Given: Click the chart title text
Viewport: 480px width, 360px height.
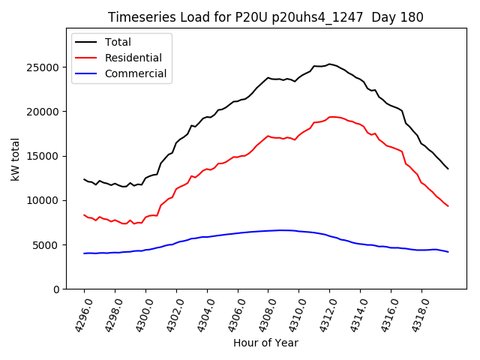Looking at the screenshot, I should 265,17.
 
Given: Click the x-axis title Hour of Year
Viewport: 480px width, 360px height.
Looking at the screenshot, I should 265,343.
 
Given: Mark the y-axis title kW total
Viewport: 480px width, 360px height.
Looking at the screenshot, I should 15,160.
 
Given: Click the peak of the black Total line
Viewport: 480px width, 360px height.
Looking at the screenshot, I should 329,64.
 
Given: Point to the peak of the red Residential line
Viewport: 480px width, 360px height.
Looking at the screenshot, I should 331,116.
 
